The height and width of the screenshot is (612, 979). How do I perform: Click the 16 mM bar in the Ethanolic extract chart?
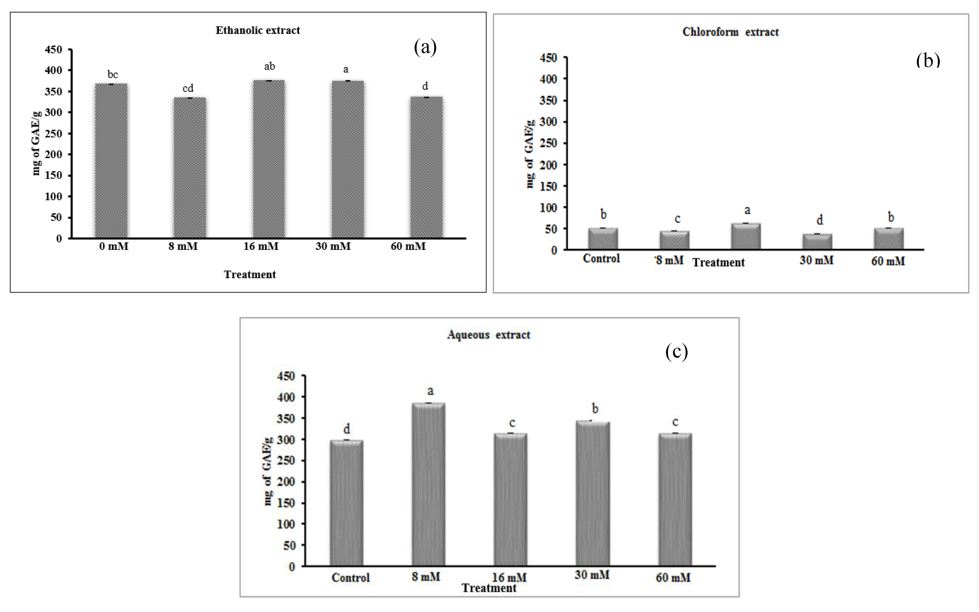tap(269, 159)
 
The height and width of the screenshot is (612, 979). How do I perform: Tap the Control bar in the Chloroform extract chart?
tap(603, 239)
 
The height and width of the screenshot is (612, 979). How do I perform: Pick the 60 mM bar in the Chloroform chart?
tap(889, 239)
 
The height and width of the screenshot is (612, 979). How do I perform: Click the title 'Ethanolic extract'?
tap(258, 30)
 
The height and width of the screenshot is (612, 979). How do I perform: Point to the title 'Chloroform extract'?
tap(730, 32)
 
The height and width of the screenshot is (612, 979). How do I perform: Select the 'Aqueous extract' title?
tap(489, 335)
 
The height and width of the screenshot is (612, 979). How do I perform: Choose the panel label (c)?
tap(676, 352)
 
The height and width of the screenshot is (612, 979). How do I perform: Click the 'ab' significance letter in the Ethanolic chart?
tap(270, 66)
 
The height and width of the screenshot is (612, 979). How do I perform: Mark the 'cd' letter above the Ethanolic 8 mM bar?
tap(188, 88)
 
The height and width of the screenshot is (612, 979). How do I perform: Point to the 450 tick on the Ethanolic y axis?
tap(53, 50)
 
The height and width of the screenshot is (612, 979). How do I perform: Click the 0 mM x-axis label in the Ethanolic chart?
tap(114, 246)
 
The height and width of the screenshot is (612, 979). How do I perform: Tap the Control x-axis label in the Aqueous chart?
tap(351, 578)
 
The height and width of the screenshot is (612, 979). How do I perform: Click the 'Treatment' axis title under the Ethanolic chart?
tap(250, 274)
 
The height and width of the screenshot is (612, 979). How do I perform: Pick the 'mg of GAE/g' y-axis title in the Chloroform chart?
tap(530, 154)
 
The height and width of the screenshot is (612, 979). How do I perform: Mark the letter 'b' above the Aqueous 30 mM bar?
tap(595, 408)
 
